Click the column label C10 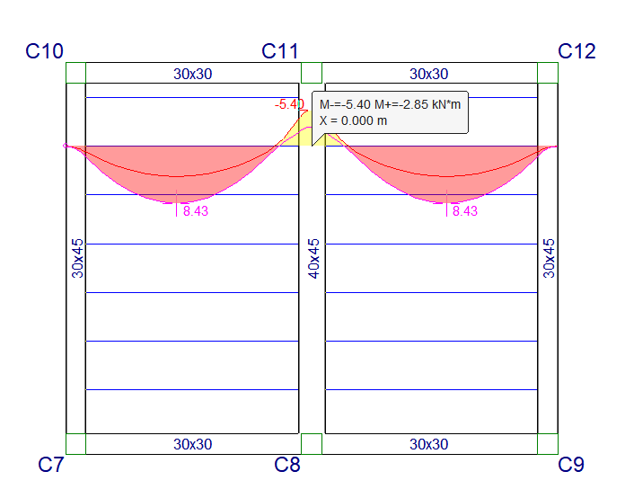tap(44, 51)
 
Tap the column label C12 tap(577, 51)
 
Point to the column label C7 tap(50, 465)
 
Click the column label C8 tap(286, 465)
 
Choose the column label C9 tap(570, 465)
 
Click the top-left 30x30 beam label tap(193, 74)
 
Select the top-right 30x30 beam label tap(429, 74)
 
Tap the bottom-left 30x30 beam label tap(193, 444)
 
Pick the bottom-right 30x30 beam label tap(429, 444)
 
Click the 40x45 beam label tap(313, 258)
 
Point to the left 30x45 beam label tap(78, 258)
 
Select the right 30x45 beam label tap(550, 258)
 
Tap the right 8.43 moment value tap(465, 211)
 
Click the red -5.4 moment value tap(288, 105)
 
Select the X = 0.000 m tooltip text tap(354, 120)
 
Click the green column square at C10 tap(75, 73)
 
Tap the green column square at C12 tap(547, 73)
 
